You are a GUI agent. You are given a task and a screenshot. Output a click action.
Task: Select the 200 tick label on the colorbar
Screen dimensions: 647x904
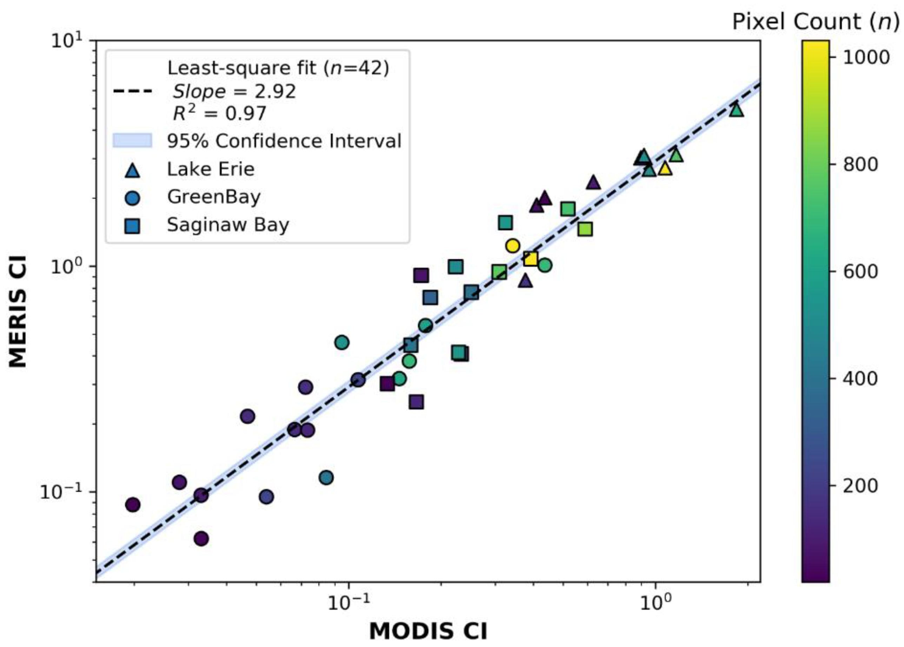coord(860,486)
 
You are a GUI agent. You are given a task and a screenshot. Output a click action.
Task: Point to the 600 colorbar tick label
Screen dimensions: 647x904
coord(860,271)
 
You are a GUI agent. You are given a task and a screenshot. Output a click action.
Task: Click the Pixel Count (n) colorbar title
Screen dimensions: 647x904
coord(816,21)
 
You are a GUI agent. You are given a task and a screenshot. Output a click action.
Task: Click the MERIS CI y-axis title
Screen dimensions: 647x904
coord(18,311)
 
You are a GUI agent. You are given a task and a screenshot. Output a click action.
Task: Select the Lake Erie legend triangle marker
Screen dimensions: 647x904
coord(132,170)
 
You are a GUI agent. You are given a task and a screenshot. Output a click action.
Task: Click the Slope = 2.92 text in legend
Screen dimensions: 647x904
coord(234,92)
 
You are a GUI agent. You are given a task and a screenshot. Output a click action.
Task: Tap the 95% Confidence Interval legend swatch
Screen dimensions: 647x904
coord(132,141)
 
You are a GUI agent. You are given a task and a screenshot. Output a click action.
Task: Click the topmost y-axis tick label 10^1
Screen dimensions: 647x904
coord(66,41)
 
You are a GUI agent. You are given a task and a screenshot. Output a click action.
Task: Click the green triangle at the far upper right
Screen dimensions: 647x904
coord(736,110)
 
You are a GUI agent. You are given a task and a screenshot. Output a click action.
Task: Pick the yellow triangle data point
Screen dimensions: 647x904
coord(665,169)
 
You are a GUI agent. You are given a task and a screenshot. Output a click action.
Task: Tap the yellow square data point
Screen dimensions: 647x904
coord(531,259)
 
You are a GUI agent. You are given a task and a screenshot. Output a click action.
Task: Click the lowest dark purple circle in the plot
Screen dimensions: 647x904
coord(201,539)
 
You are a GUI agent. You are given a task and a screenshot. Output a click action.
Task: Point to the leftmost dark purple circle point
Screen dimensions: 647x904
coord(133,505)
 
